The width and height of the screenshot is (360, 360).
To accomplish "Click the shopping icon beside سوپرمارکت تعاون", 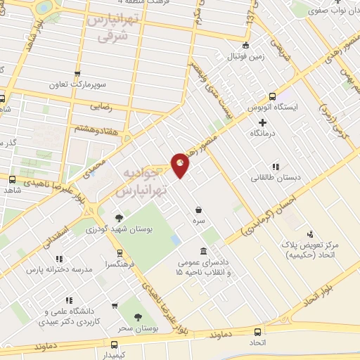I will pyautogui.click(x=77, y=72).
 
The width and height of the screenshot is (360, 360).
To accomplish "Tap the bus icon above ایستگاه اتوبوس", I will pyautogui.click(x=272, y=97).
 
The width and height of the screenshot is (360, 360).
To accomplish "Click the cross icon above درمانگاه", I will pyautogui.click(x=262, y=122).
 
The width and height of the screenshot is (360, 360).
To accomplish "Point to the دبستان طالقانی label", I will pyautogui.click(x=276, y=178).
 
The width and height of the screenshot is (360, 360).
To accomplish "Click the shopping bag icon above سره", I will pyautogui.click(x=200, y=210).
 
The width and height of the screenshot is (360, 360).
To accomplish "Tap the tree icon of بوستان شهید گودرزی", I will pyautogui.click(x=119, y=217).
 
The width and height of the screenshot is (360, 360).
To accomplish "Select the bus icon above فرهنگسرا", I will pyautogui.click(x=119, y=253).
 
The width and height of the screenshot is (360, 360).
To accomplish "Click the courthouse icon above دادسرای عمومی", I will pyautogui.click(x=202, y=252).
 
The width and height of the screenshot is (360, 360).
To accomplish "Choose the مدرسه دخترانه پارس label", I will pyautogui.click(x=59, y=269).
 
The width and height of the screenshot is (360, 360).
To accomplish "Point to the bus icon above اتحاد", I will pyautogui.click(x=258, y=332).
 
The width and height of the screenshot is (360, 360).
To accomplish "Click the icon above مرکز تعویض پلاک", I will pyautogui.click(x=310, y=233).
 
